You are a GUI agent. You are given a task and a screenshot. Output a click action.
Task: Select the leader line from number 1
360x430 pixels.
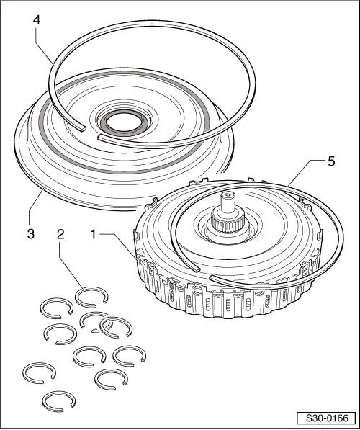(x=115, y=245)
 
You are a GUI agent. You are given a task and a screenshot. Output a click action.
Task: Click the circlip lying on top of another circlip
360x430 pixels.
(x=116, y=326)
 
